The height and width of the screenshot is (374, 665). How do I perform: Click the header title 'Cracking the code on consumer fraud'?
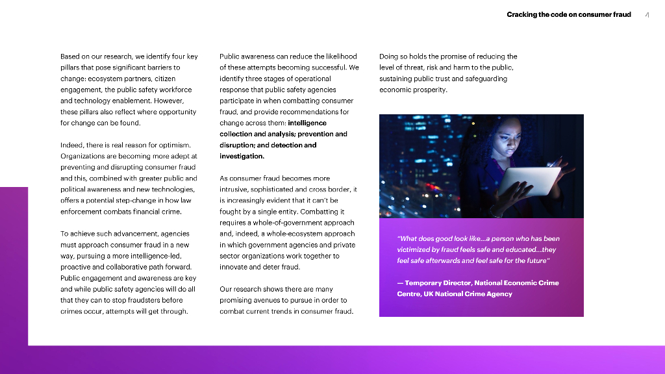click(x=568, y=14)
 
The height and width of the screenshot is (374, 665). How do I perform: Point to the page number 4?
click(x=647, y=15)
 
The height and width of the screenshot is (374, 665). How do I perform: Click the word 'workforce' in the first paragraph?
click(x=176, y=90)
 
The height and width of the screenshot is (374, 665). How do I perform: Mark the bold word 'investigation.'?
click(x=242, y=156)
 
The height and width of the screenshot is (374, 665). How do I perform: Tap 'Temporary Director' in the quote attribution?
click(x=438, y=282)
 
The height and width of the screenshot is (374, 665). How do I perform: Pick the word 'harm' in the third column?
click(x=469, y=68)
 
